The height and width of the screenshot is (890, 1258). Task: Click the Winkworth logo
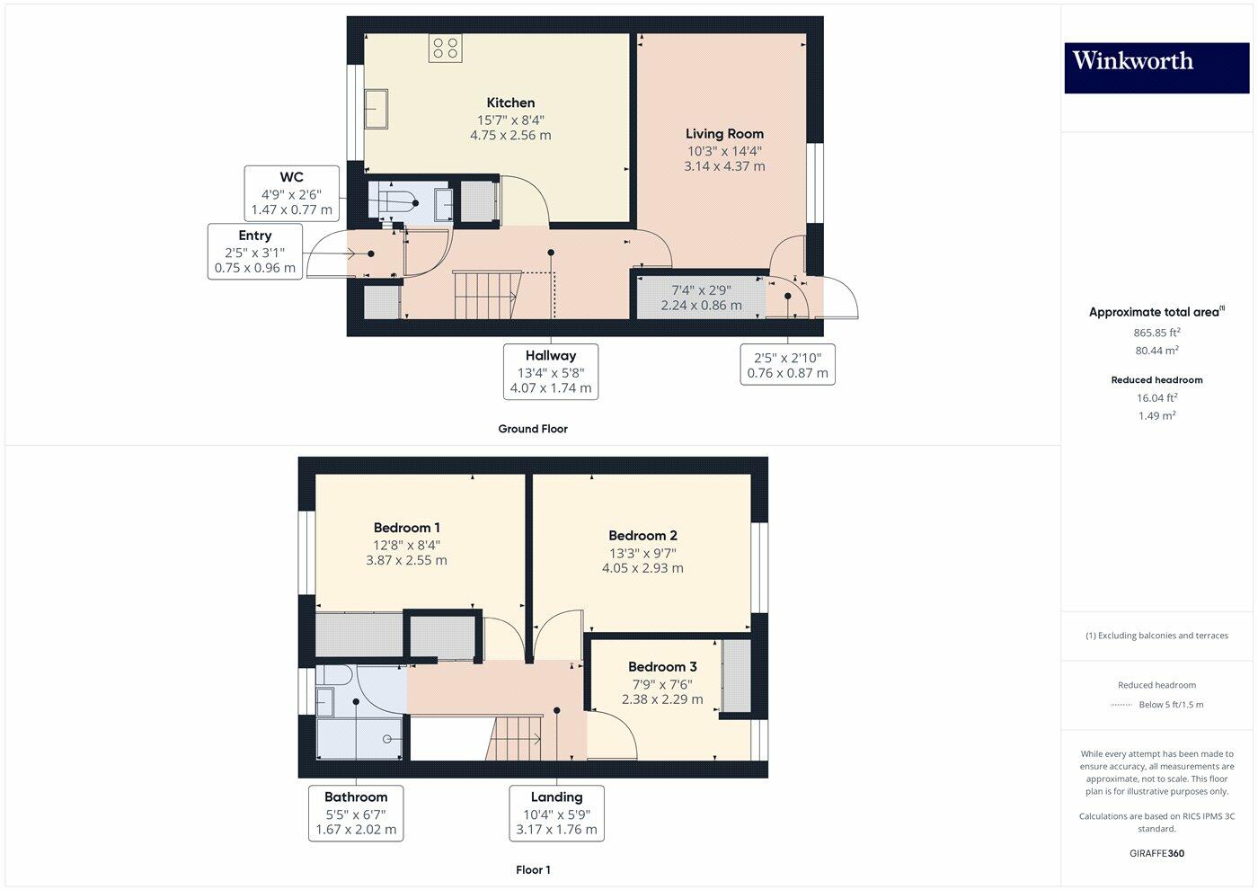coord(1156,67)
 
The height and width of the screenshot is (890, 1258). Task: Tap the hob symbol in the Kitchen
coord(445,48)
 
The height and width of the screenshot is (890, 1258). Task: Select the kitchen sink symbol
coord(375,110)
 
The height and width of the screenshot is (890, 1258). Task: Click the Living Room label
coord(724,134)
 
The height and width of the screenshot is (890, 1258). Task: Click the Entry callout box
coord(255,252)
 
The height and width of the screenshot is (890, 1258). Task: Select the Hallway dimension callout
coord(551,371)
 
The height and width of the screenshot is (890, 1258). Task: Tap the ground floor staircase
coord(486,293)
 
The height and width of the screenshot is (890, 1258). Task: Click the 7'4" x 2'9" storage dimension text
coord(701,290)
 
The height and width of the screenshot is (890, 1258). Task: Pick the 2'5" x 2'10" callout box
coord(788,365)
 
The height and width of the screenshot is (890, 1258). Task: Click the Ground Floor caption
coord(533,429)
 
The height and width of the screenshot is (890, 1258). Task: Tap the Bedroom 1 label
coord(407,528)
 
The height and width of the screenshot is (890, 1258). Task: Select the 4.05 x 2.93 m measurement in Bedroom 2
coord(642,568)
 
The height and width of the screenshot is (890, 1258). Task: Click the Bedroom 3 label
coord(662,667)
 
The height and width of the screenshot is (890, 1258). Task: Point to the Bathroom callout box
coord(356,813)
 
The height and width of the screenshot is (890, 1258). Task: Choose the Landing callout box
coord(556,813)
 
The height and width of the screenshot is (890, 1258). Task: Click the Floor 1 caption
coord(533,869)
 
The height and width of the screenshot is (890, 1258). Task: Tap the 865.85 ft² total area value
coord(1156,333)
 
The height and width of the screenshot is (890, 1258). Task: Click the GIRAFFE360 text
coord(1156,853)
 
